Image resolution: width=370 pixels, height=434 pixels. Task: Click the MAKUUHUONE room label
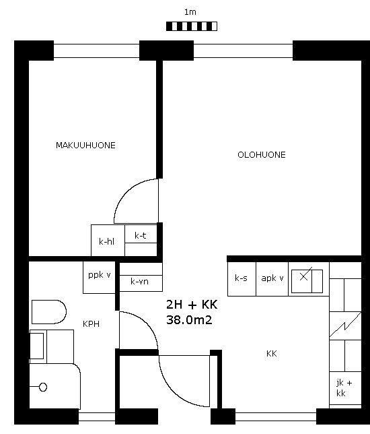[x=85, y=146]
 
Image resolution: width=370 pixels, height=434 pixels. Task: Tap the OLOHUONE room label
[x=262, y=155]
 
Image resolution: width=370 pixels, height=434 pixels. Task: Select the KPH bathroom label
[x=91, y=324]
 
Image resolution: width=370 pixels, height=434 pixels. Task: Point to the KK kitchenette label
[x=271, y=353]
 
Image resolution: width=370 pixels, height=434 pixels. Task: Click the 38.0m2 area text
[x=189, y=320]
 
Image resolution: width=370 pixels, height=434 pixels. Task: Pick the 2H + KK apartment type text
[x=192, y=305]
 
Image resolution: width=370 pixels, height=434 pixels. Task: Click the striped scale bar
[x=192, y=26]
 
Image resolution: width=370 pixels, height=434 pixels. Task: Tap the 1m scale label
[x=190, y=12]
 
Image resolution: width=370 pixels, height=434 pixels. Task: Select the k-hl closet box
[x=108, y=240]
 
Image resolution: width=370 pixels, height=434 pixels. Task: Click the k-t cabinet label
[x=141, y=236]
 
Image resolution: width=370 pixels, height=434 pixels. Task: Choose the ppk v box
[x=99, y=278]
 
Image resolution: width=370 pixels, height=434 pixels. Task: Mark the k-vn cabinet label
[x=139, y=282]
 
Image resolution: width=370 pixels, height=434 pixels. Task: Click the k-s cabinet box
[x=242, y=279]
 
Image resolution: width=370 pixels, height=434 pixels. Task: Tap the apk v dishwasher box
[x=272, y=279]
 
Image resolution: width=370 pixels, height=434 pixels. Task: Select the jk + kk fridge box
[x=345, y=388]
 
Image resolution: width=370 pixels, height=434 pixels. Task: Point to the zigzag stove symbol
[x=345, y=325]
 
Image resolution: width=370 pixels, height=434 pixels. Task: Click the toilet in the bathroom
[x=49, y=312]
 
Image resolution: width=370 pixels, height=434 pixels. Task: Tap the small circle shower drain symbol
[x=43, y=387]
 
